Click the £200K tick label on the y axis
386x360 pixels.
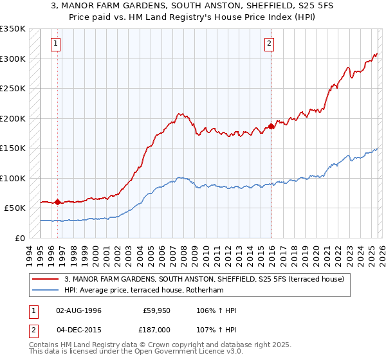pos(13,118)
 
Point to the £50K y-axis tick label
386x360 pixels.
pos(15,208)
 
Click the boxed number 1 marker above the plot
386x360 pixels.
pos(57,44)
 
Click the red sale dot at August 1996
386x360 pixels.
pos(58,202)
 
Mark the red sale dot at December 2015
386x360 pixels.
pos(271,126)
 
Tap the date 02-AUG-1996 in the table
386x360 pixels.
pos(78,310)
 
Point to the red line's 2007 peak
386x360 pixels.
pos(182,114)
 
